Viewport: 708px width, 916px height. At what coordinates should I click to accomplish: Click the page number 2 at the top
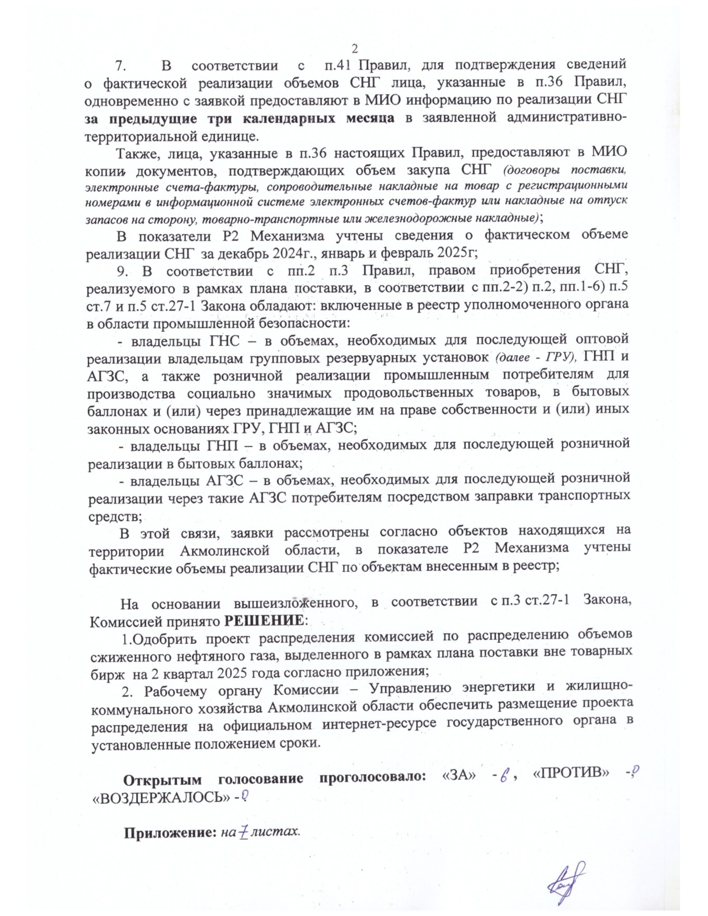354,49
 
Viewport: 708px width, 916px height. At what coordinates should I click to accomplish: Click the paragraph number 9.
122,271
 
